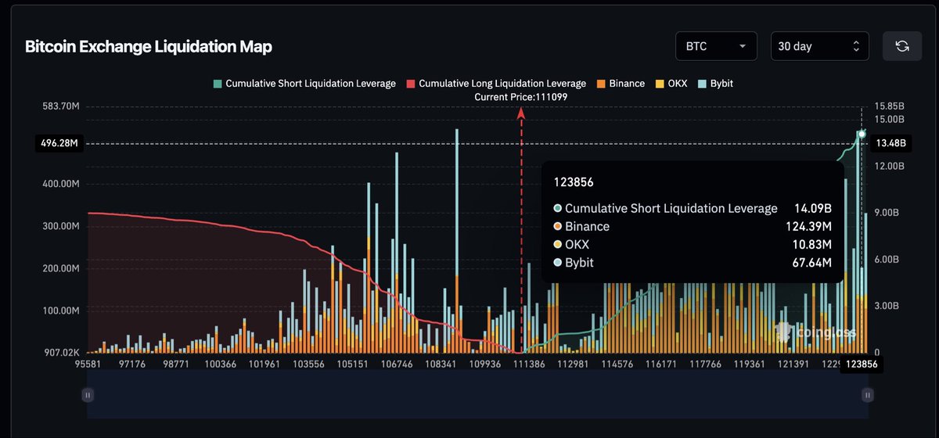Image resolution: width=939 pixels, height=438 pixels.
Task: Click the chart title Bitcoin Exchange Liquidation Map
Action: point(149,47)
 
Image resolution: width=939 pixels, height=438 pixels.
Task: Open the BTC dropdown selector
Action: point(716,46)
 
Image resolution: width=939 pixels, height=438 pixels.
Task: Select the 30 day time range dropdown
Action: point(819,46)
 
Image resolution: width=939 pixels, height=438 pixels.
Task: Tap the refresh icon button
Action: point(902,46)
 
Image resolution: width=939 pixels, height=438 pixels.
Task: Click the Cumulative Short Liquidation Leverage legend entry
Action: point(305,84)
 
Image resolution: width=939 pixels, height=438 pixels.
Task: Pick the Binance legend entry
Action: point(621,84)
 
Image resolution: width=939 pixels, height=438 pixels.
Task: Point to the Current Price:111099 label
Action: point(521,96)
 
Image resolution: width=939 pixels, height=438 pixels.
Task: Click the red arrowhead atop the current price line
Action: point(521,113)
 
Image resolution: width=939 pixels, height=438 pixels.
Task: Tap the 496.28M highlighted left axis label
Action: point(60,143)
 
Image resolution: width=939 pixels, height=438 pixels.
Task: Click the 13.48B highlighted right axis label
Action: point(891,143)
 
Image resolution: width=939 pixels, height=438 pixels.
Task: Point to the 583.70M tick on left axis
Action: point(60,106)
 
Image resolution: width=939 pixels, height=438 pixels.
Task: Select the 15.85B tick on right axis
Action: point(890,106)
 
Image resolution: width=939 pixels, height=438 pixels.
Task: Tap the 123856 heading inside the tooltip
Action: point(574,182)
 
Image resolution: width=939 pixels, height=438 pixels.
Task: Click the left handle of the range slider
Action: point(88,396)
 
